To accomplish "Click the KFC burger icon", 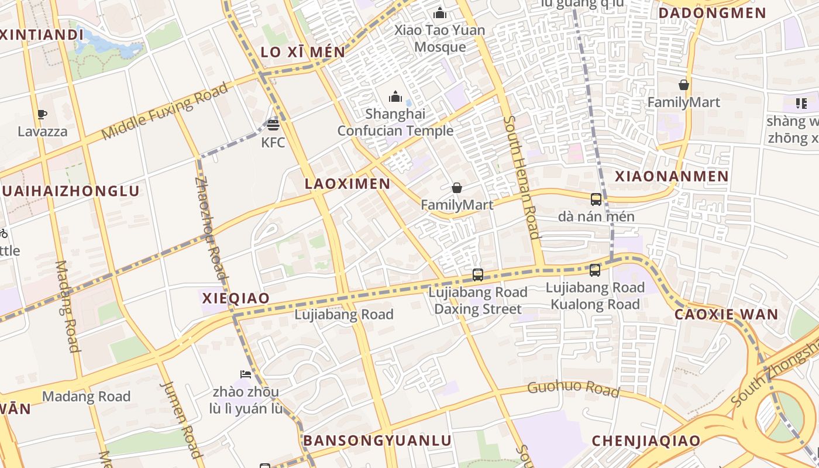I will [273, 125].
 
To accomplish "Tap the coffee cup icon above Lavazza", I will [42, 114].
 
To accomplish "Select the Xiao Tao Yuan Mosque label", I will [440, 39].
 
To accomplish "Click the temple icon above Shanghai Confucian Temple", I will [395, 96].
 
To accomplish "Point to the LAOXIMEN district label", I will [347, 184].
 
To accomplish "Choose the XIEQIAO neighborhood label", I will [236, 298].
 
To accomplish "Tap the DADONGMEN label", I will [712, 13].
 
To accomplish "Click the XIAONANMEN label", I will [672, 176].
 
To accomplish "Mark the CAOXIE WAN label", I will [726, 314].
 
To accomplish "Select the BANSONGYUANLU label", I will [377, 441].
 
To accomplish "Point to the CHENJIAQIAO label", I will [646, 441].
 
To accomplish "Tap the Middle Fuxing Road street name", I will [164, 111].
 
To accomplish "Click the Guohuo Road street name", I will [573, 388].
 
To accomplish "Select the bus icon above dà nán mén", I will [596, 199].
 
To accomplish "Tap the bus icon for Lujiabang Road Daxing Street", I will [478, 274].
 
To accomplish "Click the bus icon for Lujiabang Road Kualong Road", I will [595, 270].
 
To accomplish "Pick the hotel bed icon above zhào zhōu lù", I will [245, 374].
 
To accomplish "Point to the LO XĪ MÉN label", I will [303, 51].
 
